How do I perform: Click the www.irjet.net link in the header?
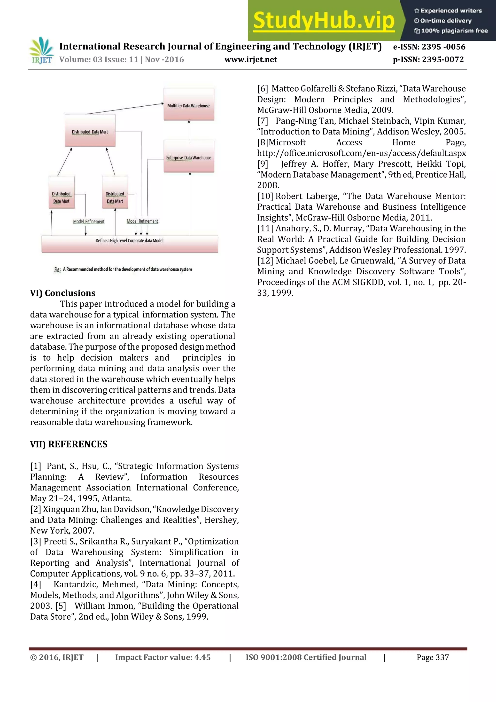[251, 60]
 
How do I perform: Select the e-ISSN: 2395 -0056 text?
[429, 47]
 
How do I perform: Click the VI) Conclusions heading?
[63, 293]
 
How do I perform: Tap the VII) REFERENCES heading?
[69, 444]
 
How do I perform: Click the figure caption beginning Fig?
[123, 269]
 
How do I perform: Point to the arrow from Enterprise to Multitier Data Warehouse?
[189, 131]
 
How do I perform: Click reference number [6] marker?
[263, 89]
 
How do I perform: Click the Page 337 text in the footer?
[433, 657]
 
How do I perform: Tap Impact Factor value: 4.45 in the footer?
[163, 657]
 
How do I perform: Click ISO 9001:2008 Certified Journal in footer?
[306, 657]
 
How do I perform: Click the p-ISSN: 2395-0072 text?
[428, 60]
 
